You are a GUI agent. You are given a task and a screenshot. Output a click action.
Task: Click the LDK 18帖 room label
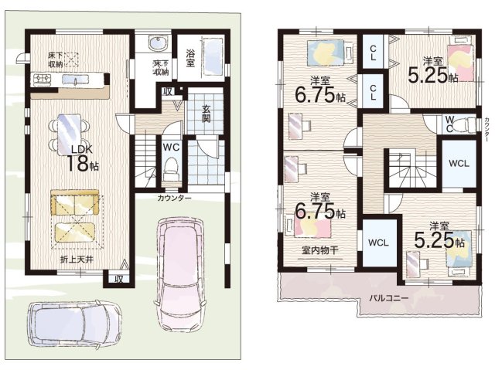coord(82,159)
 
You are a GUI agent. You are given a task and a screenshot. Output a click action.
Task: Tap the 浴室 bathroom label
coord(190,58)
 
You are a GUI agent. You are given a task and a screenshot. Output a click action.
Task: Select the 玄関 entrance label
coord(207,114)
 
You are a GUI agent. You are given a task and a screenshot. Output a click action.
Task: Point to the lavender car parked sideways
coord(74,324)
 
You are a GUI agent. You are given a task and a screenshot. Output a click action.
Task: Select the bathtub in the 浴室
coord(213,56)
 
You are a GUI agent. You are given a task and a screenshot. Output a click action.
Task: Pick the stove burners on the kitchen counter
coord(43,79)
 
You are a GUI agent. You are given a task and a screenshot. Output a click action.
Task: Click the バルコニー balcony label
coord(388,297)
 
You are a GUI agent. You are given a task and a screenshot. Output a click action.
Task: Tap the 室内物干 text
coord(320,250)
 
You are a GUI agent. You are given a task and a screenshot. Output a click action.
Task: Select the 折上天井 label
coord(77,260)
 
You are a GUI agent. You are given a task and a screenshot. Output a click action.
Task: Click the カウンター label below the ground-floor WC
coord(174,198)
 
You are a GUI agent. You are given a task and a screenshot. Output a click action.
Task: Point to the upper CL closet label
coord(373,53)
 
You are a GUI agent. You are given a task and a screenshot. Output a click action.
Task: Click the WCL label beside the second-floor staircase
coord(459,164)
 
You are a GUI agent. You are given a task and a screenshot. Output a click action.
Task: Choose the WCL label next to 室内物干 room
coord(378,243)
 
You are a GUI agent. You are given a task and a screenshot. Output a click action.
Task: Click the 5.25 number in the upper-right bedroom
coord(428,76)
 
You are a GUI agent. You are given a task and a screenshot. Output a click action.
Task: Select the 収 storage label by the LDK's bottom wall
coord(118,279)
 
